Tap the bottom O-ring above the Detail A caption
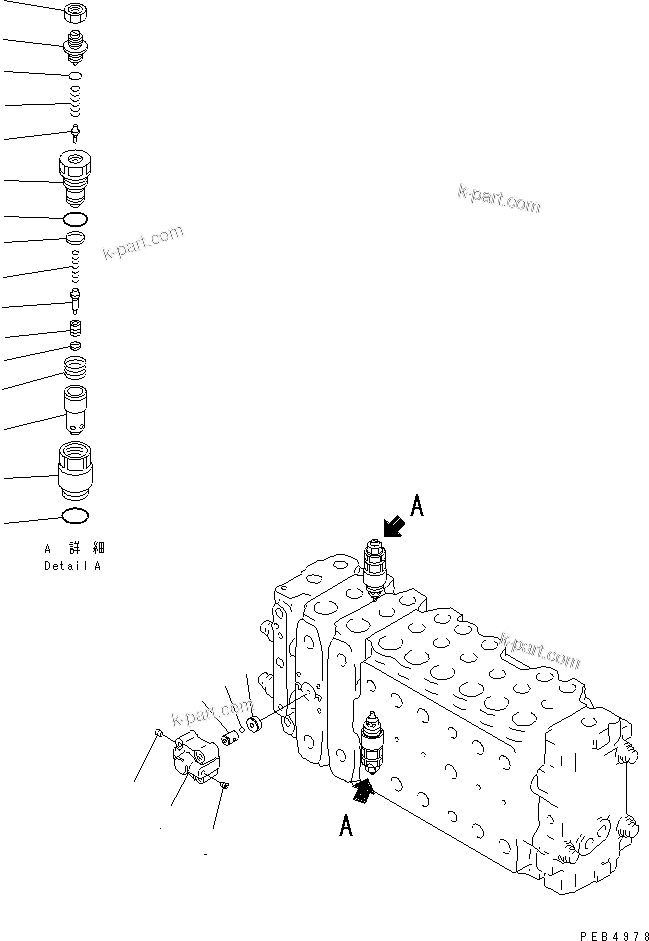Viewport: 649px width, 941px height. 76,516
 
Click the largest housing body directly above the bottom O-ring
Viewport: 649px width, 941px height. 76,471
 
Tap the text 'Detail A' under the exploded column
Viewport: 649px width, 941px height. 72,566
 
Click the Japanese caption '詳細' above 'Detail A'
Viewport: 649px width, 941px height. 85,548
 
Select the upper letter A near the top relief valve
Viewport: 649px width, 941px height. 417,507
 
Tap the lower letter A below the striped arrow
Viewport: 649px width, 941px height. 346,826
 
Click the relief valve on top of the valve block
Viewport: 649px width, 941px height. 375,569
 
